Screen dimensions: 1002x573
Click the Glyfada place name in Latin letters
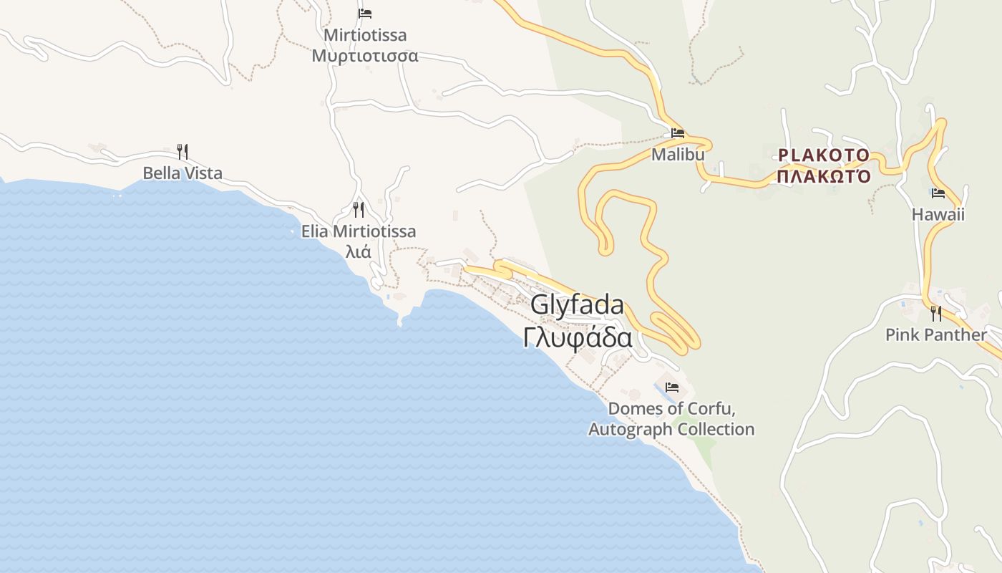click(577, 305)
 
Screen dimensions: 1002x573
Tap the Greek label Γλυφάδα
click(577, 337)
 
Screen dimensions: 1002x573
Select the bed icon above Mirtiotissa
click(365, 14)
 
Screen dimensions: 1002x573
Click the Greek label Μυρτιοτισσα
click(365, 55)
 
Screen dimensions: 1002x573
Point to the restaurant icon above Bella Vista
click(183, 151)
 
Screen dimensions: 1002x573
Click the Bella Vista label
click(183, 173)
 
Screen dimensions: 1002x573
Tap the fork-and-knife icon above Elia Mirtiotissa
click(359, 209)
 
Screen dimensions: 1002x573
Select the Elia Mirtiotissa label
click(359, 231)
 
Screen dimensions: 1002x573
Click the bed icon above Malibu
click(678, 133)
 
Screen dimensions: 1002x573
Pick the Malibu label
click(678, 154)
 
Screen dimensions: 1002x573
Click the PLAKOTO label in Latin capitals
click(824, 155)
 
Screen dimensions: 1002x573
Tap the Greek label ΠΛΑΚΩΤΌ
click(824, 175)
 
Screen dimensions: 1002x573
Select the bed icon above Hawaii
click(938, 193)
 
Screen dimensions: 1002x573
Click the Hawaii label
click(938, 214)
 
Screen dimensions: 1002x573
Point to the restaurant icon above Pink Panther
click(935, 313)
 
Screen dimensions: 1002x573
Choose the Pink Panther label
click(935, 334)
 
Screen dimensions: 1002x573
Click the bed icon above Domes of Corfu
click(672, 387)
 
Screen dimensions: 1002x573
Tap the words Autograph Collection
click(671, 429)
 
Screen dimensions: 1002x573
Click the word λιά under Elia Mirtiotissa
click(359, 251)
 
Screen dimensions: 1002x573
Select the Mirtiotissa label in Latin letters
click(365, 35)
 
